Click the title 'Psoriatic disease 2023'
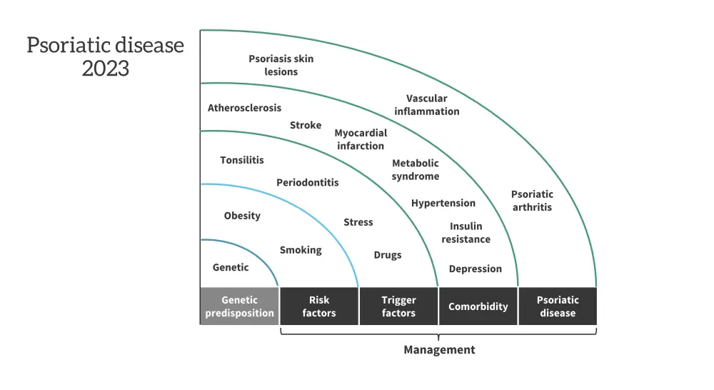(x=106, y=56)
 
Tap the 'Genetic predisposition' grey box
(x=239, y=306)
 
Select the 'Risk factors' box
(x=318, y=306)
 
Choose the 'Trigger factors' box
(x=398, y=306)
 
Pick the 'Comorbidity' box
(x=478, y=306)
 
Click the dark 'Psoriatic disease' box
(x=558, y=306)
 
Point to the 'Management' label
(x=439, y=350)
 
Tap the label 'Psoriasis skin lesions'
(x=281, y=65)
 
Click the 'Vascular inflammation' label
(x=427, y=105)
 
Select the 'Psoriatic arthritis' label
(x=532, y=201)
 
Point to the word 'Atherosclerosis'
(x=244, y=108)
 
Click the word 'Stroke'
(x=306, y=125)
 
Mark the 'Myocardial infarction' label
(x=361, y=139)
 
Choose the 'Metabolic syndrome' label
(x=416, y=169)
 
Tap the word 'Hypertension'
(x=443, y=203)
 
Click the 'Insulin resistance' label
(x=466, y=233)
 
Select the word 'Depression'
(x=475, y=269)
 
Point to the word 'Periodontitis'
(x=308, y=182)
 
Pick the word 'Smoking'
(x=301, y=250)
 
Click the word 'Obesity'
(x=242, y=215)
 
